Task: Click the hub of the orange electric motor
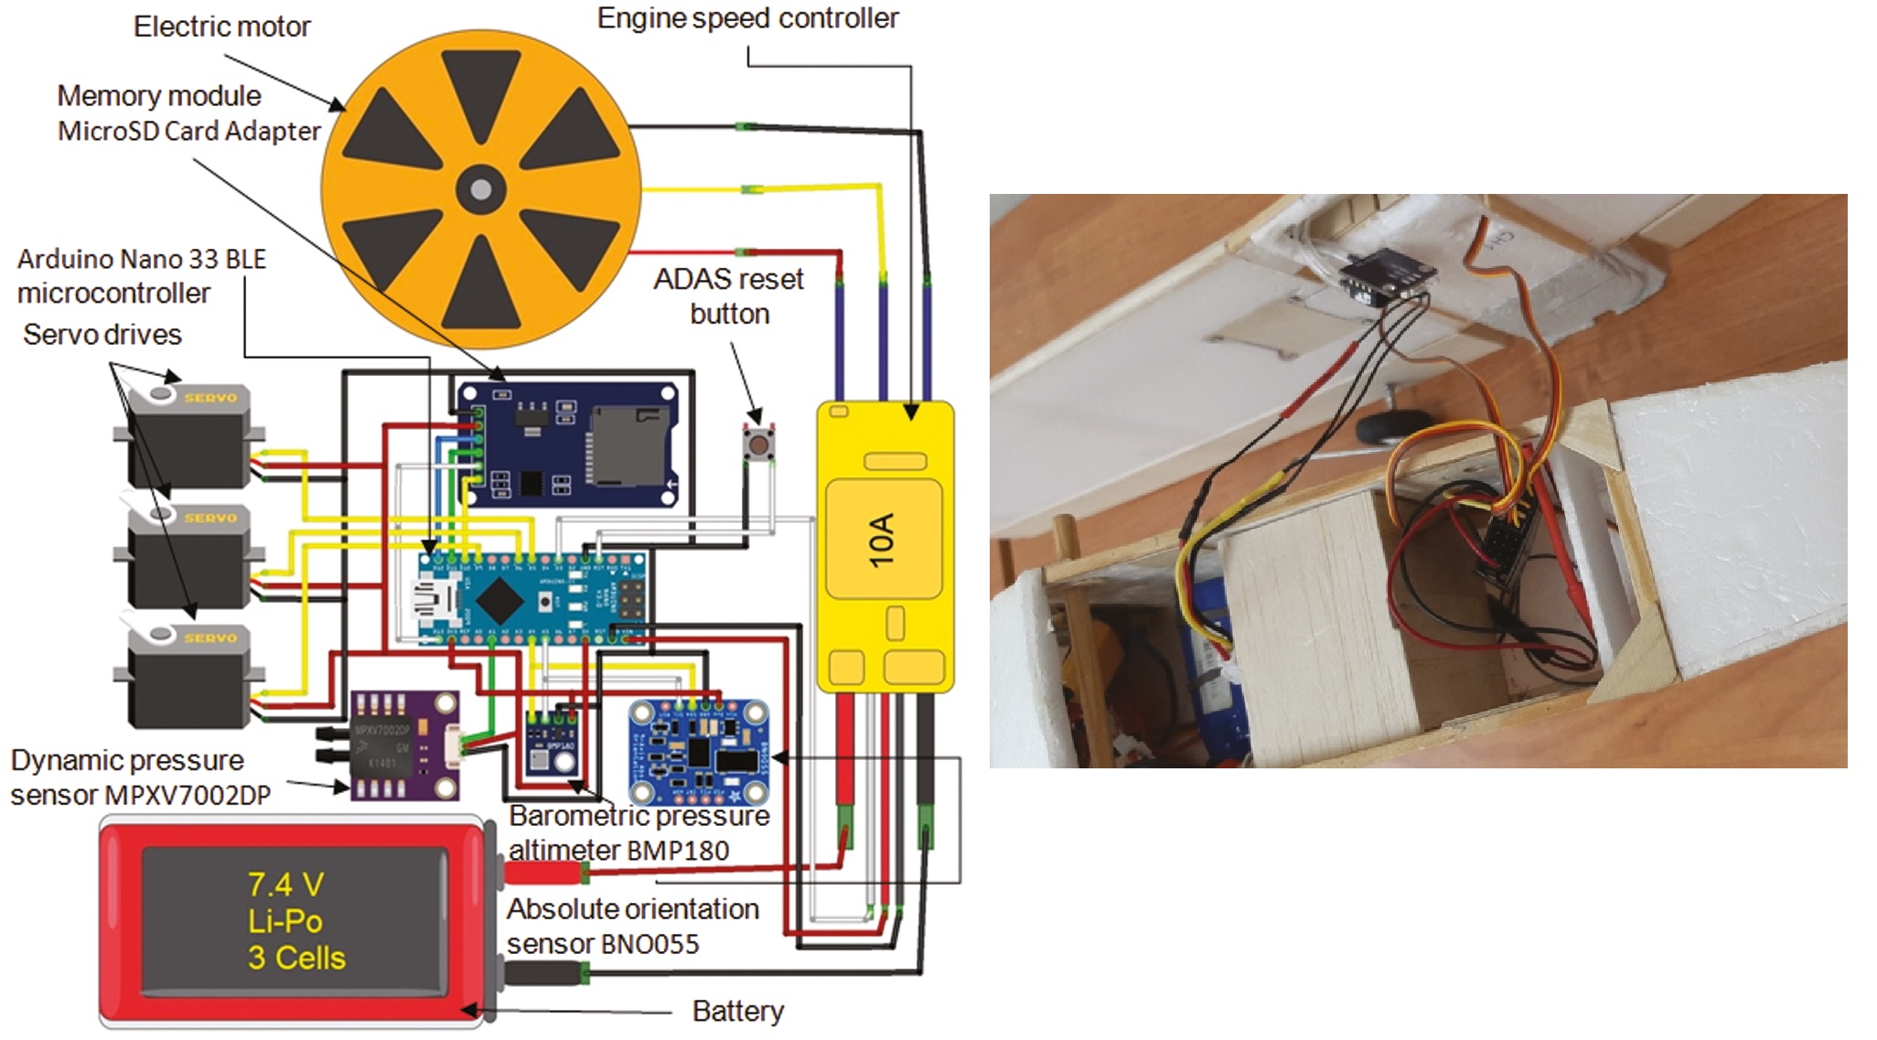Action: click(480, 190)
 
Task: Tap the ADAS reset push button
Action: click(758, 445)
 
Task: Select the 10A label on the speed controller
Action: click(882, 540)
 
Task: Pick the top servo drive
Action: click(188, 436)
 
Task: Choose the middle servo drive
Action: click(188, 556)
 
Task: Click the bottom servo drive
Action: click(188, 677)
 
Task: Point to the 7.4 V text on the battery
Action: click(285, 885)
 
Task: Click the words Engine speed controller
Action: click(747, 18)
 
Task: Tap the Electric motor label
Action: click(221, 27)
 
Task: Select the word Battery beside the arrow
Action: click(737, 1011)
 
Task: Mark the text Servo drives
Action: click(102, 335)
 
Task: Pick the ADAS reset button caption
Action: click(729, 295)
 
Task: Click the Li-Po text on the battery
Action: click(285, 921)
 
